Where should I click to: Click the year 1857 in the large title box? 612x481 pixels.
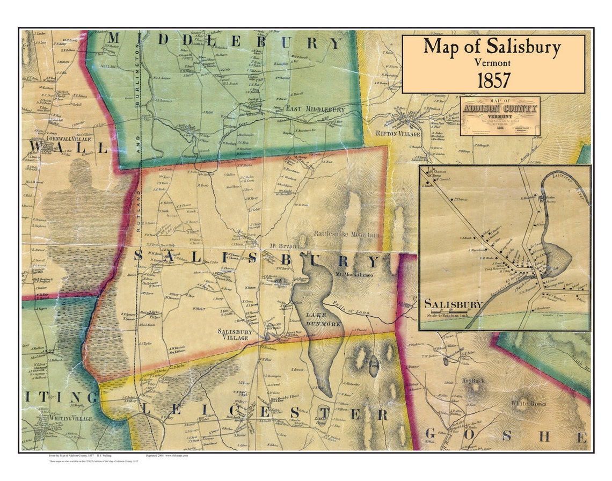pyautogui.click(x=493, y=79)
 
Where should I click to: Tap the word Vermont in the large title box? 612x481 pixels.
pyautogui.click(x=493, y=62)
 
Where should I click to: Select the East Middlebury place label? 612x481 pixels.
pyautogui.click(x=315, y=109)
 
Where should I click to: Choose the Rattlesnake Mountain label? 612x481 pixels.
pyautogui.click(x=347, y=235)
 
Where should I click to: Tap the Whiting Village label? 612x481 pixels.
pyautogui.click(x=68, y=417)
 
